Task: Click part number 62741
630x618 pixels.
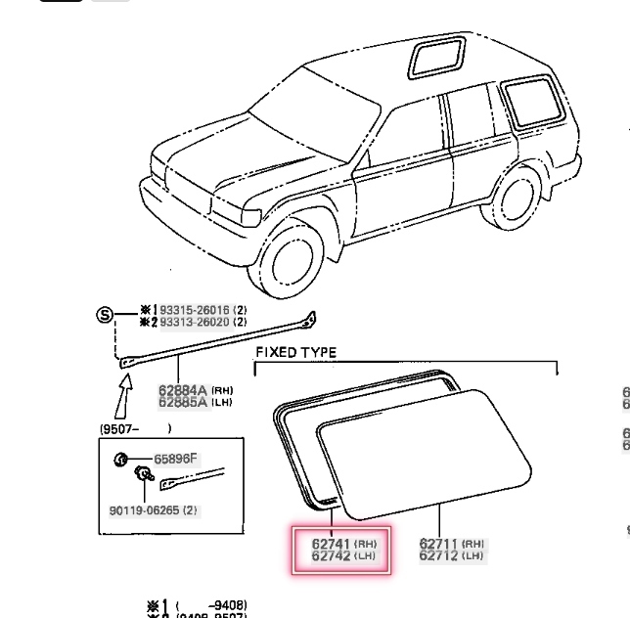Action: click(331, 544)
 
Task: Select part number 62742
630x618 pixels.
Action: click(331, 556)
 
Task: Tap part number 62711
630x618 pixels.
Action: click(439, 544)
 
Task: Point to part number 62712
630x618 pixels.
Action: click(439, 556)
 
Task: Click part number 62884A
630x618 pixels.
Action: click(183, 390)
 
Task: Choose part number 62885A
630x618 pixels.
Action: click(183, 401)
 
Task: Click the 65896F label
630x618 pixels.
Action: click(175, 459)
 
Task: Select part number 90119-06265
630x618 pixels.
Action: click(145, 509)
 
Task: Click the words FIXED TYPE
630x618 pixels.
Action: click(295, 352)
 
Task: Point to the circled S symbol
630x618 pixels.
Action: click(104, 315)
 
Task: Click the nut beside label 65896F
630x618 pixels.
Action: click(120, 459)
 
